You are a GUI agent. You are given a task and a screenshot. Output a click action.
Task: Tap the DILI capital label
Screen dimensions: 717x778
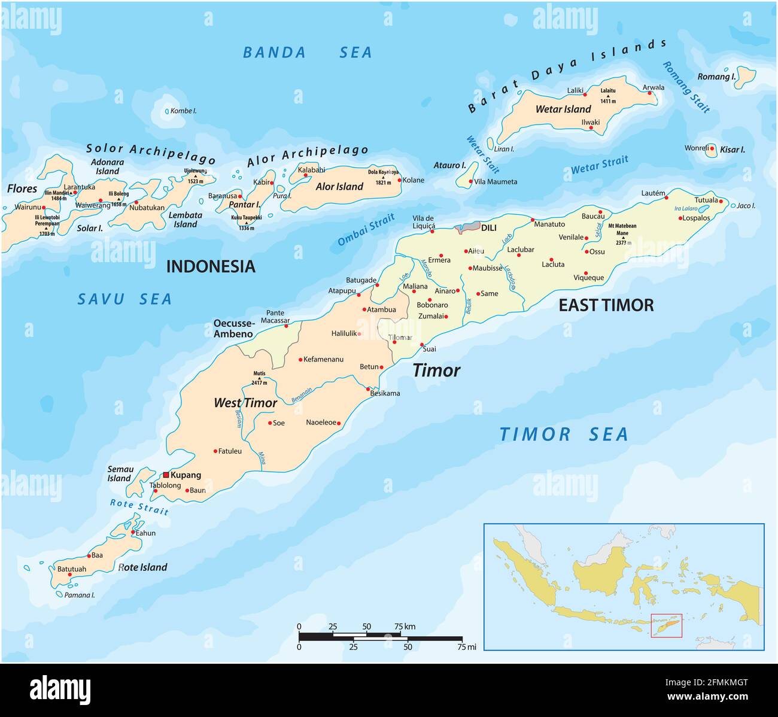click(488, 227)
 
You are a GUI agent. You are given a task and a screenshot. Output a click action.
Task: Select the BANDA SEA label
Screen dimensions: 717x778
click(307, 53)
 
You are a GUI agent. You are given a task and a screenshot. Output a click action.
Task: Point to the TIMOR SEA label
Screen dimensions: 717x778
click(563, 435)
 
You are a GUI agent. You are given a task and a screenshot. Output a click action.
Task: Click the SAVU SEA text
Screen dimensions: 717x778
click(124, 299)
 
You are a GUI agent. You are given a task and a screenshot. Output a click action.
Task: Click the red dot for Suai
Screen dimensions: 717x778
click(422, 345)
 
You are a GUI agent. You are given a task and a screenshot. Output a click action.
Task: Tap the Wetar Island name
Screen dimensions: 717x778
click(563, 109)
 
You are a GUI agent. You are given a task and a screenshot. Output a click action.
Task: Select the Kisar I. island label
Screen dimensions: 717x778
click(733, 150)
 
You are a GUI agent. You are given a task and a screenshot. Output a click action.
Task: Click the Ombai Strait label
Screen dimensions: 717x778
click(366, 230)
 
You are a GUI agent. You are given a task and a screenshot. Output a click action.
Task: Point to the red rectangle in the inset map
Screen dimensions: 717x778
click(666, 625)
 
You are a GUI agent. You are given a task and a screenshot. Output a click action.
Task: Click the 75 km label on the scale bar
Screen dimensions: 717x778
click(405, 627)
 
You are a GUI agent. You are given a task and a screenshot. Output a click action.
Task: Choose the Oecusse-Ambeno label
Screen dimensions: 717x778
click(233, 329)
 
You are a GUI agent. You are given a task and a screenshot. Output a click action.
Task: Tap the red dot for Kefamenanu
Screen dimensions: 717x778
click(300, 360)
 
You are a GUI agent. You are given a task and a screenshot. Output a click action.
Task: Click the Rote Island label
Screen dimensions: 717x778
click(142, 567)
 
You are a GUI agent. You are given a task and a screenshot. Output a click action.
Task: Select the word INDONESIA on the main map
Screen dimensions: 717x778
click(210, 266)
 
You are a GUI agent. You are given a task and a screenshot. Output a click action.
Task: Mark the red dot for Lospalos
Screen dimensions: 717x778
click(680, 218)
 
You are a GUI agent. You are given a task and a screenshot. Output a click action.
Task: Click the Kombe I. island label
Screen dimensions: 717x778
click(183, 111)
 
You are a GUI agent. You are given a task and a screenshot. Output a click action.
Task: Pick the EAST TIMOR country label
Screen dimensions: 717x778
click(606, 305)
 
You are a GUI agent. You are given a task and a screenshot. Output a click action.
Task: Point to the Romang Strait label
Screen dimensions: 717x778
click(686, 87)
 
